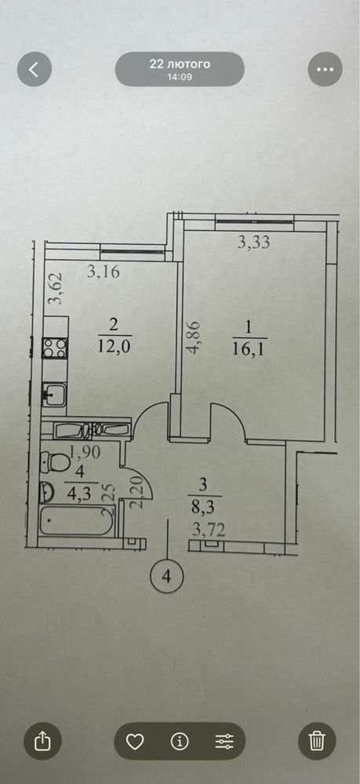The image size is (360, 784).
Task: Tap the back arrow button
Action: click(34, 69)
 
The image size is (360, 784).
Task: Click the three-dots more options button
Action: click(325, 69)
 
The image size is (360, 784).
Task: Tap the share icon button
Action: click(42, 741)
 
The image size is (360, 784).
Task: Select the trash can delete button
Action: click(317, 741)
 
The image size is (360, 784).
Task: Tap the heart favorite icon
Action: click(134, 742)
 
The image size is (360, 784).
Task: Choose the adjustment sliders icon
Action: click(224, 742)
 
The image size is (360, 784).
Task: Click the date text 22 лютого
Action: click(180, 64)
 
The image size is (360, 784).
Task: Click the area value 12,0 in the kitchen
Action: click(114, 346)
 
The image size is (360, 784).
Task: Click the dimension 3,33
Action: click(253, 243)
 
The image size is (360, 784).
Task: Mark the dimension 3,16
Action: click(104, 272)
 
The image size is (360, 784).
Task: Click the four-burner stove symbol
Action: click(54, 348)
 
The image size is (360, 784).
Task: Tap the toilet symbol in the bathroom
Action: click(55, 461)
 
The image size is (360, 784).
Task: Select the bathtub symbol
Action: click(78, 521)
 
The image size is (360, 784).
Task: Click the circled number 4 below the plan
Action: click(167, 576)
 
